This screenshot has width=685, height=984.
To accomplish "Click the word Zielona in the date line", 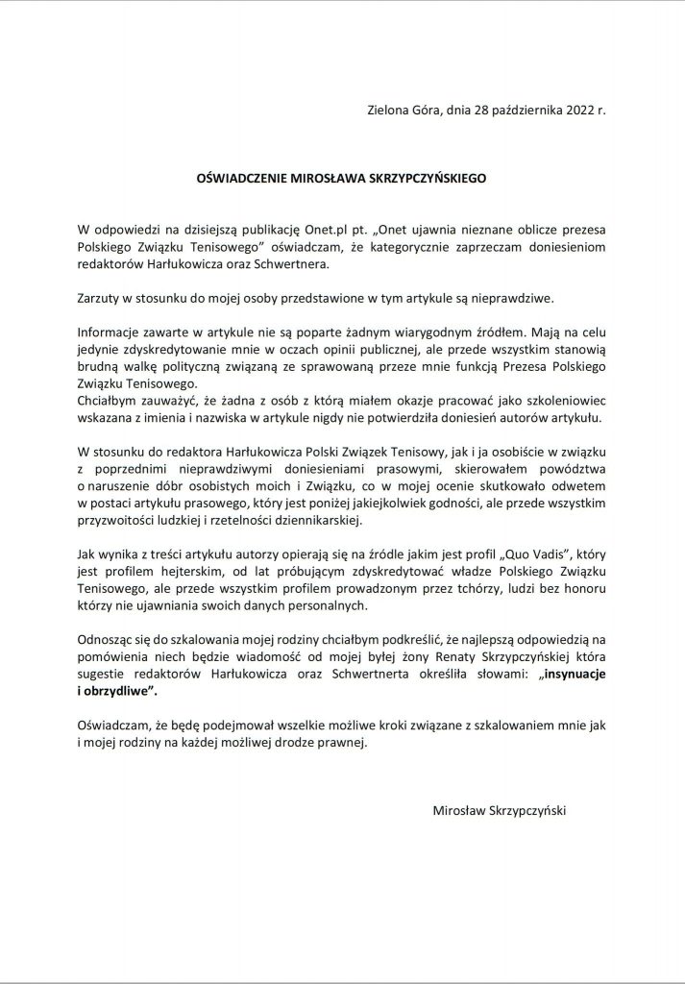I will [389, 110].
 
